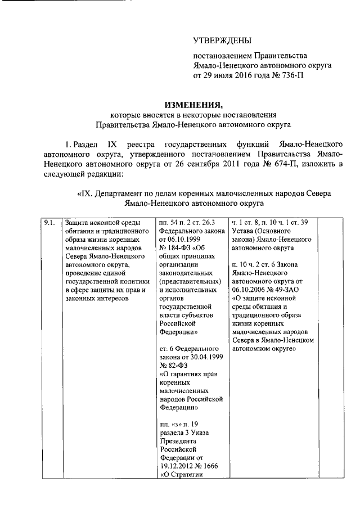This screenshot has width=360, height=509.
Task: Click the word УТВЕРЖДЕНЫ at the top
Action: pos(223,40)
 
